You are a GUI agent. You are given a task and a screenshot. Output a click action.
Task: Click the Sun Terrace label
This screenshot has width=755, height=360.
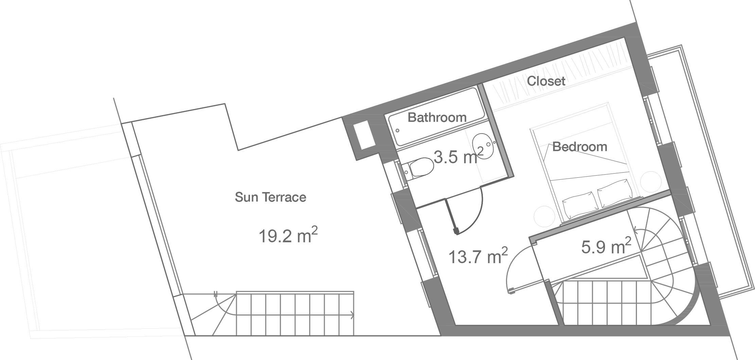coord(270,197)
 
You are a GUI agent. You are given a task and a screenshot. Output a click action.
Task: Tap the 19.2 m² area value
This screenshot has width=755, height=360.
coord(288,235)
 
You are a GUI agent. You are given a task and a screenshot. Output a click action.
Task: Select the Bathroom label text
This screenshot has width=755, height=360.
coord(437,118)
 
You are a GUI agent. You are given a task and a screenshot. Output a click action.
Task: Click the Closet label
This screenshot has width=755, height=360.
coord(546,81)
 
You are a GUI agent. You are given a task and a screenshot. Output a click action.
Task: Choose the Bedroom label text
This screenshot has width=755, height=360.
coord(580,147)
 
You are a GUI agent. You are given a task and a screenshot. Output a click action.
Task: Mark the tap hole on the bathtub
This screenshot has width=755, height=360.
coord(397,130)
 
